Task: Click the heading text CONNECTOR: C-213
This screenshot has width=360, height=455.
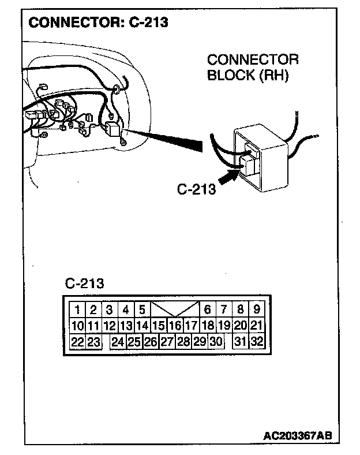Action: coord(98,23)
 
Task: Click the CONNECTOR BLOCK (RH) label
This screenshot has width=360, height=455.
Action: coord(252,68)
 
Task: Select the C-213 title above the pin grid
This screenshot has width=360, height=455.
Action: coord(84,284)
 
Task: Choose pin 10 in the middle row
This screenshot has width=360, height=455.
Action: coord(77,325)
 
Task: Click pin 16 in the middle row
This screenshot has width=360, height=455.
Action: coord(175,325)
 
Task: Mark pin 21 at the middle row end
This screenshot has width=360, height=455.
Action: coord(257,325)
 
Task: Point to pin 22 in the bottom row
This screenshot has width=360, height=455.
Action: coord(77,341)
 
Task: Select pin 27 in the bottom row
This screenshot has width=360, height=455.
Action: coord(167,341)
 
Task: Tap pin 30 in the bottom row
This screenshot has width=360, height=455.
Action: coord(216,341)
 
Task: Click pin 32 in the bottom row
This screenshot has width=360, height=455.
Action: coord(257,341)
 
